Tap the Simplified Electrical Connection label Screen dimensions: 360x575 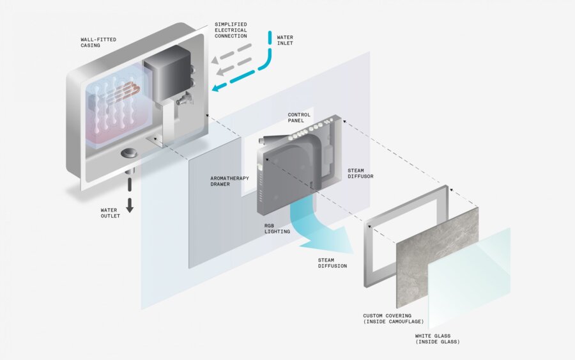point(231,30)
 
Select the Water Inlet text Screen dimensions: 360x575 point(285,40)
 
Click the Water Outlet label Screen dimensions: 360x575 point(110,212)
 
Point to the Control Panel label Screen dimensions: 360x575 point(300,118)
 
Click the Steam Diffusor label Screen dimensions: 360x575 point(360,173)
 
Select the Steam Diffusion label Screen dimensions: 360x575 point(332,263)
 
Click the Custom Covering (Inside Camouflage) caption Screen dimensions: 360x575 point(396,318)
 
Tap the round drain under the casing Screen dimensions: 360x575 point(130,153)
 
